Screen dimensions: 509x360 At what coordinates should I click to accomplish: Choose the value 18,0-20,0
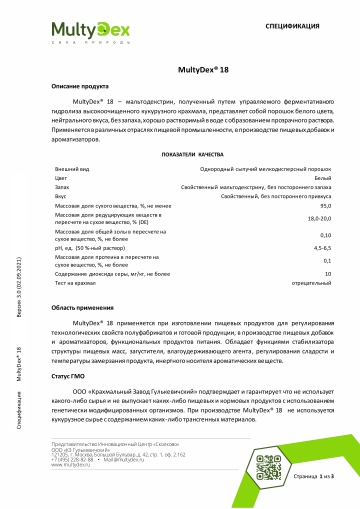pyautogui.click(x=320, y=217)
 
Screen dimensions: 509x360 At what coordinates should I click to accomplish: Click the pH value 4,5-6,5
pyautogui.click(x=323, y=246)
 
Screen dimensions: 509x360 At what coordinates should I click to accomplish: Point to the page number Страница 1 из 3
pyautogui.click(x=311, y=481)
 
